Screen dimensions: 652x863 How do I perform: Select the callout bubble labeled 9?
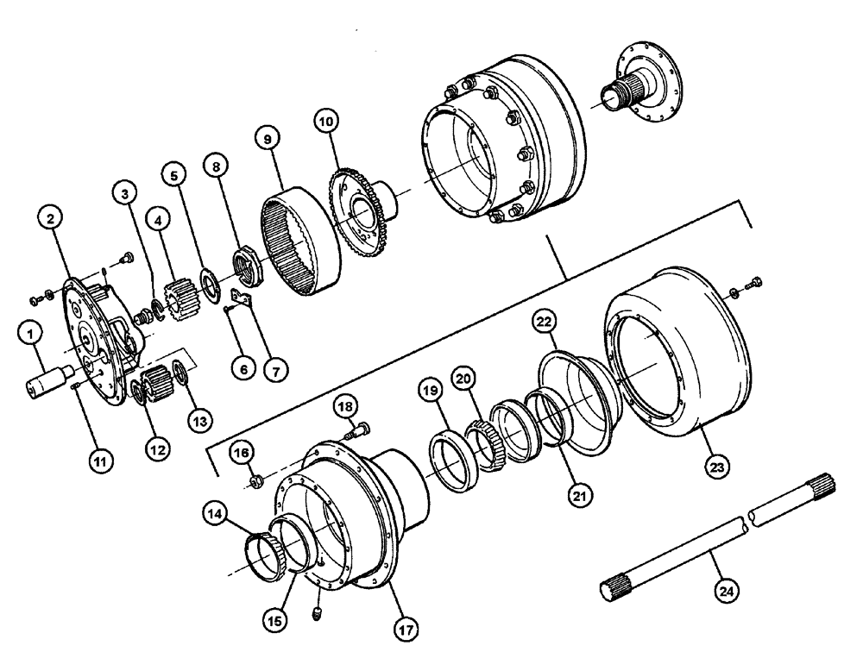tap(267, 137)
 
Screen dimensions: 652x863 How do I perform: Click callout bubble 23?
tap(719, 466)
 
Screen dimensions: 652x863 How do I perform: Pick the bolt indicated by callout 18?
tap(359, 427)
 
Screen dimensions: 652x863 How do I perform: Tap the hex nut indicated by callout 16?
tap(255, 478)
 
